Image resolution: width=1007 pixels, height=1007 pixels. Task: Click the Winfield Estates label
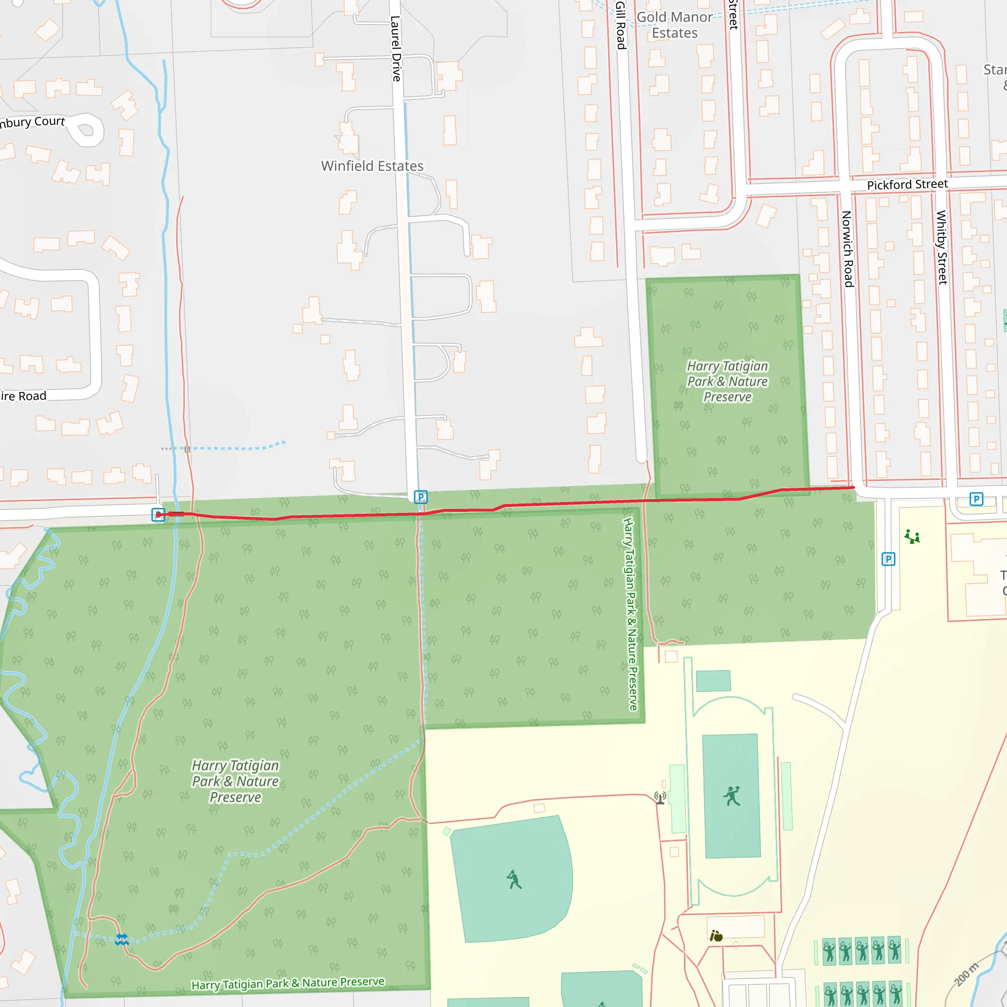[x=372, y=166]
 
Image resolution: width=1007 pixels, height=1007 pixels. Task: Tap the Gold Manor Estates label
[x=675, y=25]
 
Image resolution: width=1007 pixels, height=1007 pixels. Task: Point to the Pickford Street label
[x=907, y=184]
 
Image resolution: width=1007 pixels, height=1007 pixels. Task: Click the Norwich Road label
[x=847, y=249]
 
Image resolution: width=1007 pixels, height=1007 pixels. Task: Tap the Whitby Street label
[x=941, y=247]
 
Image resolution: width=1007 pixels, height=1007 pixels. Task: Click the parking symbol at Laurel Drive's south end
[x=420, y=497]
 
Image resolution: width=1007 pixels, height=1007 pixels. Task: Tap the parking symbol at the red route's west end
[x=158, y=514]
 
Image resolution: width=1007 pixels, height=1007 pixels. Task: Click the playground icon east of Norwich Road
[x=912, y=536]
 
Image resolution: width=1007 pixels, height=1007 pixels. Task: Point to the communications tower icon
[x=660, y=798]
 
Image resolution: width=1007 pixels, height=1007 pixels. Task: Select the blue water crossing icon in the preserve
[x=122, y=939]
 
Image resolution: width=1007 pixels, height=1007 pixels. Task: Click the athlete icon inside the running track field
[x=732, y=796]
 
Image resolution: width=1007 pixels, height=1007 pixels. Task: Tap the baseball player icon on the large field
[x=514, y=880]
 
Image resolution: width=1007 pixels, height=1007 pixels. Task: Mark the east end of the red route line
[x=853, y=487]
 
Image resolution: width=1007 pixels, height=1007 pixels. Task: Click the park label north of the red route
[x=727, y=381]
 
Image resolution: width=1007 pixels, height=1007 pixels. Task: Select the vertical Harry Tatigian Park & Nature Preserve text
[x=630, y=614]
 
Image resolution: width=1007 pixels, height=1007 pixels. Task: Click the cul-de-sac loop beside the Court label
[x=86, y=130]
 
